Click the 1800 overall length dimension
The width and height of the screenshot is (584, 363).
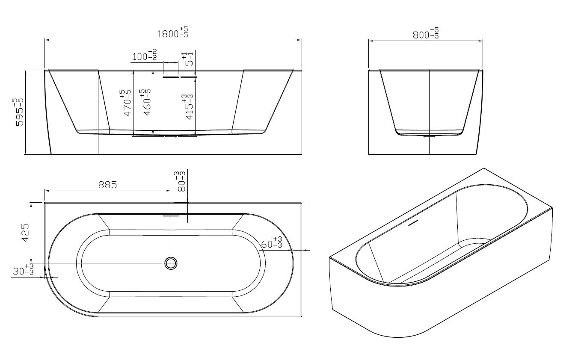tap(173, 32)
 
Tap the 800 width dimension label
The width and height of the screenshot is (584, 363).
tap(426, 34)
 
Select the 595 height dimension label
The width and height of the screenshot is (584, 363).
tap(19, 112)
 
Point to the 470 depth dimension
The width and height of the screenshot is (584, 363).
tap(127, 103)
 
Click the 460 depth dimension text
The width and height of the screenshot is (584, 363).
tap(146, 102)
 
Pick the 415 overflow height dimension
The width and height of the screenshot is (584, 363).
tap(189, 107)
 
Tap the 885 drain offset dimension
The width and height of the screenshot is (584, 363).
tap(108, 185)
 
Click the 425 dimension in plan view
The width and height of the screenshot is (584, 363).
tap(25, 233)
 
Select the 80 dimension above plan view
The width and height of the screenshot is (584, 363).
tap(181, 181)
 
